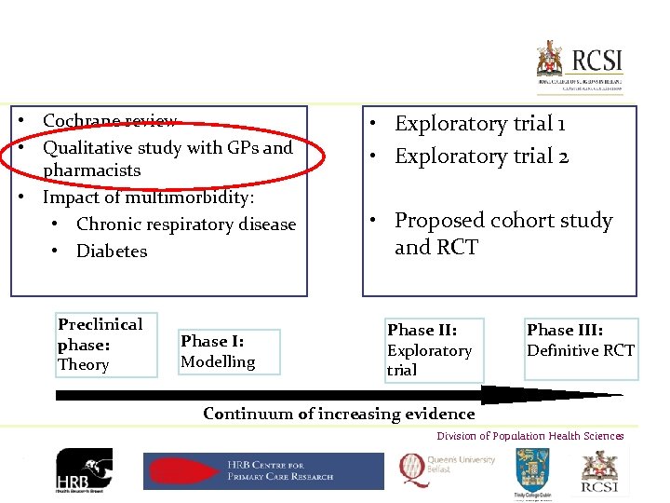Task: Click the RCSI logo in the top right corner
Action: pyautogui.click(x=578, y=64)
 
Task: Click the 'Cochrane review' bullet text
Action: pyautogui.click(x=110, y=121)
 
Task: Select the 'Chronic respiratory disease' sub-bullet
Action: pyautogui.click(x=185, y=224)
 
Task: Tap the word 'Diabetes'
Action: pyautogui.click(x=112, y=251)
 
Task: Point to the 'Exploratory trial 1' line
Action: pyautogui.click(x=479, y=124)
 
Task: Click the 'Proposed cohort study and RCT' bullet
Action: pyautogui.click(x=502, y=233)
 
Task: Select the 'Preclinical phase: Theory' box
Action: pyautogui.click(x=105, y=345)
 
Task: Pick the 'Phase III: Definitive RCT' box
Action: pyautogui.click(x=581, y=341)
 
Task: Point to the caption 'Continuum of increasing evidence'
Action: pyautogui.click(x=339, y=414)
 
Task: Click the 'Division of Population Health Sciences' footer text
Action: pyautogui.click(x=530, y=436)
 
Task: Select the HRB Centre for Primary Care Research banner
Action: pyautogui.click(x=263, y=470)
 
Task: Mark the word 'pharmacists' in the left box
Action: pyautogui.click(x=92, y=170)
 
